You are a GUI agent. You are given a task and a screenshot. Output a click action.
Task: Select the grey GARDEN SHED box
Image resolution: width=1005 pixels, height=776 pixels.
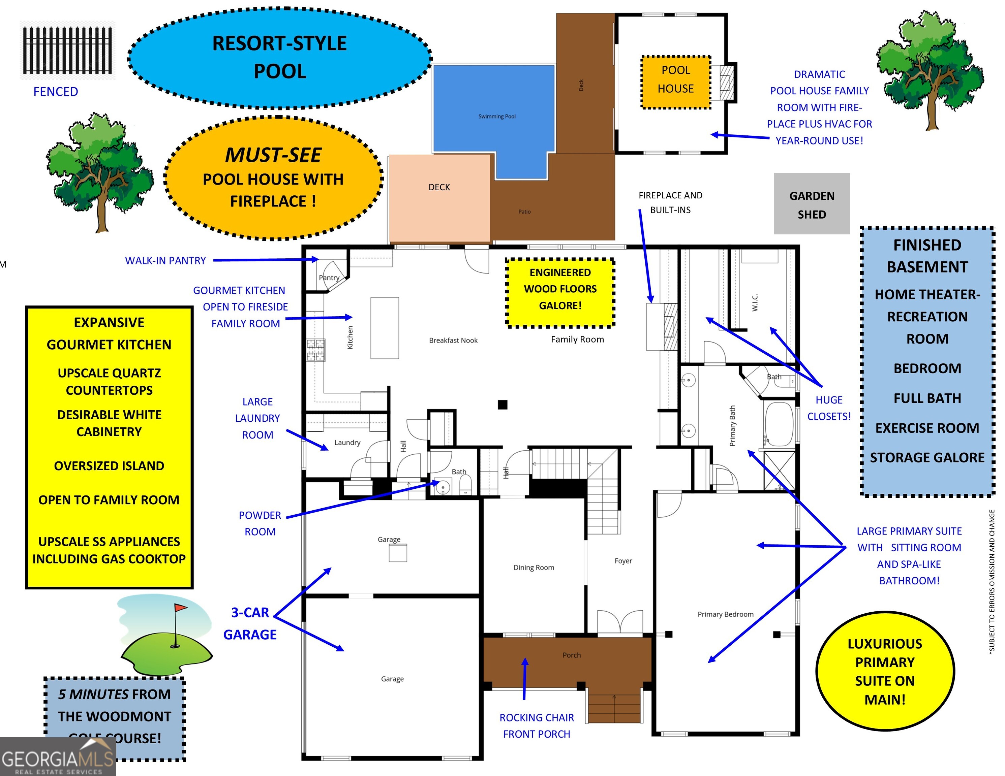(812, 204)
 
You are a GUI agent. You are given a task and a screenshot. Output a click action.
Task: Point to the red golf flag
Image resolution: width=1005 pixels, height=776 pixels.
(180, 608)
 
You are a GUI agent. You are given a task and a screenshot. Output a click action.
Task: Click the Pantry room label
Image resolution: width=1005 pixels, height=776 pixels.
(329, 278)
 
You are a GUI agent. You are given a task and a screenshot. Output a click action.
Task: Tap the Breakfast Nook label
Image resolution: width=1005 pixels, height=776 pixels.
(453, 341)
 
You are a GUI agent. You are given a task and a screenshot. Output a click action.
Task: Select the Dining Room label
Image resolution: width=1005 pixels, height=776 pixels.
(534, 568)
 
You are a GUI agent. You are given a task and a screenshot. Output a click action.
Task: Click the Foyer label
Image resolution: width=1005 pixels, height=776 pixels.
(623, 561)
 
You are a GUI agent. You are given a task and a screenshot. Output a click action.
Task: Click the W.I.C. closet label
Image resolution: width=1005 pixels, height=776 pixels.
(755, 302)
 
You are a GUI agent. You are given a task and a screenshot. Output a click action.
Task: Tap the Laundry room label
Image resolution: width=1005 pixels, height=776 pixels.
(347, 443)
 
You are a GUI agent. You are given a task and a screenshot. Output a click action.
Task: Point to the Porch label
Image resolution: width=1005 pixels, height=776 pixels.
(572, 655)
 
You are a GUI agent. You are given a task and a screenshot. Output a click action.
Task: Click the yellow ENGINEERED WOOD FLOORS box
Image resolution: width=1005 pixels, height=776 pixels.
(560, 293)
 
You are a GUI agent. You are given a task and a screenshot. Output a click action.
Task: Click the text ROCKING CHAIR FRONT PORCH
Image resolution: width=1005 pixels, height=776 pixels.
(537, 726)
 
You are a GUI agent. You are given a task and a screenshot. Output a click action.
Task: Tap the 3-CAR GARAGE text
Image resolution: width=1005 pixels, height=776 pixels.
(250, 624)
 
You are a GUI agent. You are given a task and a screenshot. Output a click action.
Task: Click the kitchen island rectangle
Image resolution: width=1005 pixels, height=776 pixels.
(385, 328)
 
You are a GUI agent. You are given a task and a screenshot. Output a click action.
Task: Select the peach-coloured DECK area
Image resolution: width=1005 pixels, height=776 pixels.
(439, 198)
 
